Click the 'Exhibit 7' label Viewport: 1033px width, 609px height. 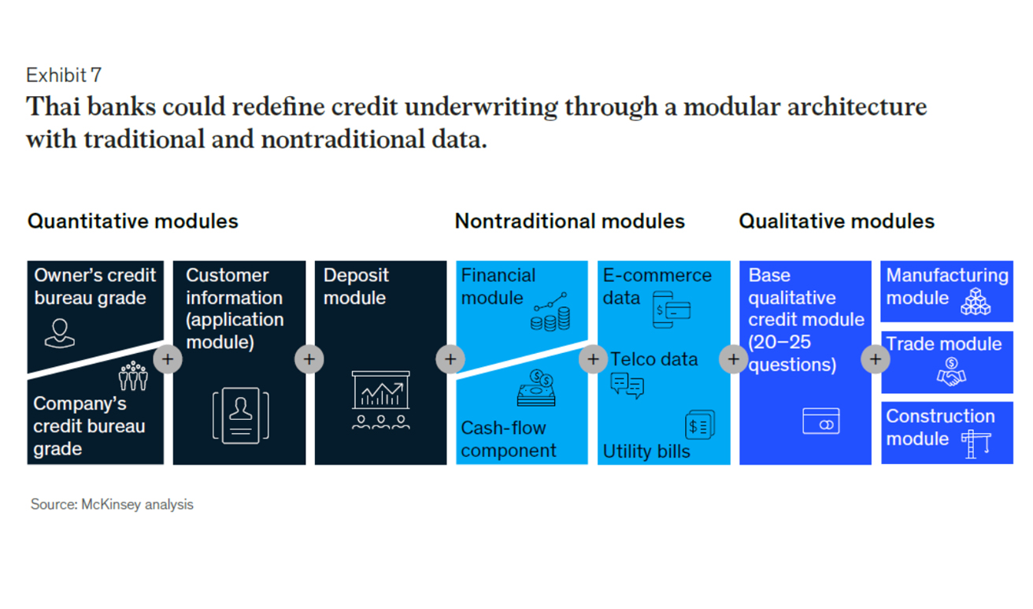click(64, 75)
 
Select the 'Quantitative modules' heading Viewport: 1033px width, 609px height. click(133, 221)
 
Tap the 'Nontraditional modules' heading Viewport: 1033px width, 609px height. click(569, 221)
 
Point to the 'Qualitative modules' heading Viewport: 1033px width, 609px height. click(836, 221)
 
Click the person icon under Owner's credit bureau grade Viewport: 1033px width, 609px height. click(60, 333)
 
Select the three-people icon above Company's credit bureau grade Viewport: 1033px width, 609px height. click(133, 376)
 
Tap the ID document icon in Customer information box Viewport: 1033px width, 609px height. click(241, 416)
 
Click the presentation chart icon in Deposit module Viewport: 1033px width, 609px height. click(380, 400)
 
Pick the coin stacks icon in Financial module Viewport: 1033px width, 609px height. click(550, 312)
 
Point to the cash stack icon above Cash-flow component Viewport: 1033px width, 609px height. click(536, 388)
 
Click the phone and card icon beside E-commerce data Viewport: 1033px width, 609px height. click(672, 310)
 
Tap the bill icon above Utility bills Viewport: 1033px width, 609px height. click(700, 425)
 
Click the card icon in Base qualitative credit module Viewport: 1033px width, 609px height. click(821, 421)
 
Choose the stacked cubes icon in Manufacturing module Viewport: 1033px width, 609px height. click(976, 302)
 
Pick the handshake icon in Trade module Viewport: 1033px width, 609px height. click(951, 372)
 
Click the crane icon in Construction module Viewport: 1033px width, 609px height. click(976, 444)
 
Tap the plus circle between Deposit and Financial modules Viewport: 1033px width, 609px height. click(450, 359)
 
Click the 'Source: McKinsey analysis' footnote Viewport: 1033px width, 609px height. click(112, 504)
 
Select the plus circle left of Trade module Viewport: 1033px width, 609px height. click(876, 359)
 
